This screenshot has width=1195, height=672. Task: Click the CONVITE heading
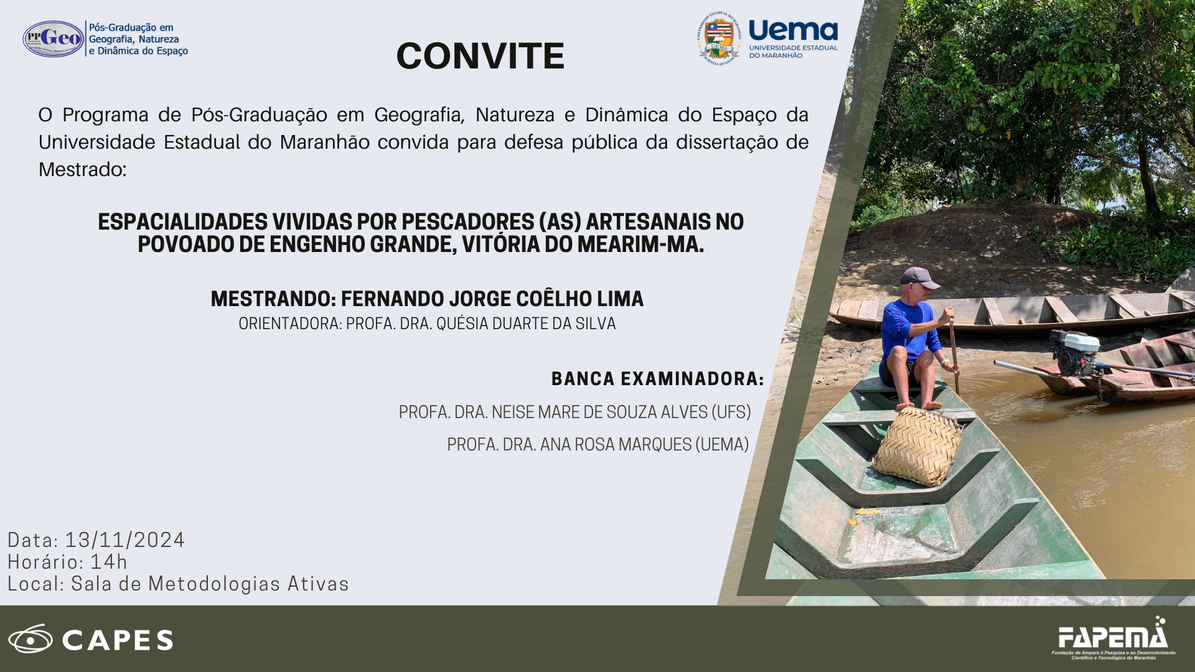coord(480,56)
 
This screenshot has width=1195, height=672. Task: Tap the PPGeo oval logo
coord(54,39)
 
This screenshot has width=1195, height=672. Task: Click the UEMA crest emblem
coord(719,38)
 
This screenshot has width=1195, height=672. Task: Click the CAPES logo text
coord(118,640)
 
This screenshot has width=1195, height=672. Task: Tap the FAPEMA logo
coord(1113,638)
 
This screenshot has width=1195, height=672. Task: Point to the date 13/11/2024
coord(125,540)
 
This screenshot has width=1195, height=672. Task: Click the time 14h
coord(109,562)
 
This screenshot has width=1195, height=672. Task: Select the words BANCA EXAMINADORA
coord(657,379)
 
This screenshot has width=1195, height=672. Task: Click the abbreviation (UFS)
coord(731,413)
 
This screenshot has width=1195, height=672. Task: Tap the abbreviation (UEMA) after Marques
coord(722,445)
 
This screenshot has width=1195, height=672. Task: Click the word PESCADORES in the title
coord(467,222)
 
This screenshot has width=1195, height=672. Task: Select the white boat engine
coord(1075,353)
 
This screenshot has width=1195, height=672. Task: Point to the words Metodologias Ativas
coord(248,584)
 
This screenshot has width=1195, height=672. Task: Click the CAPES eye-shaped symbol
coord(30,639)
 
